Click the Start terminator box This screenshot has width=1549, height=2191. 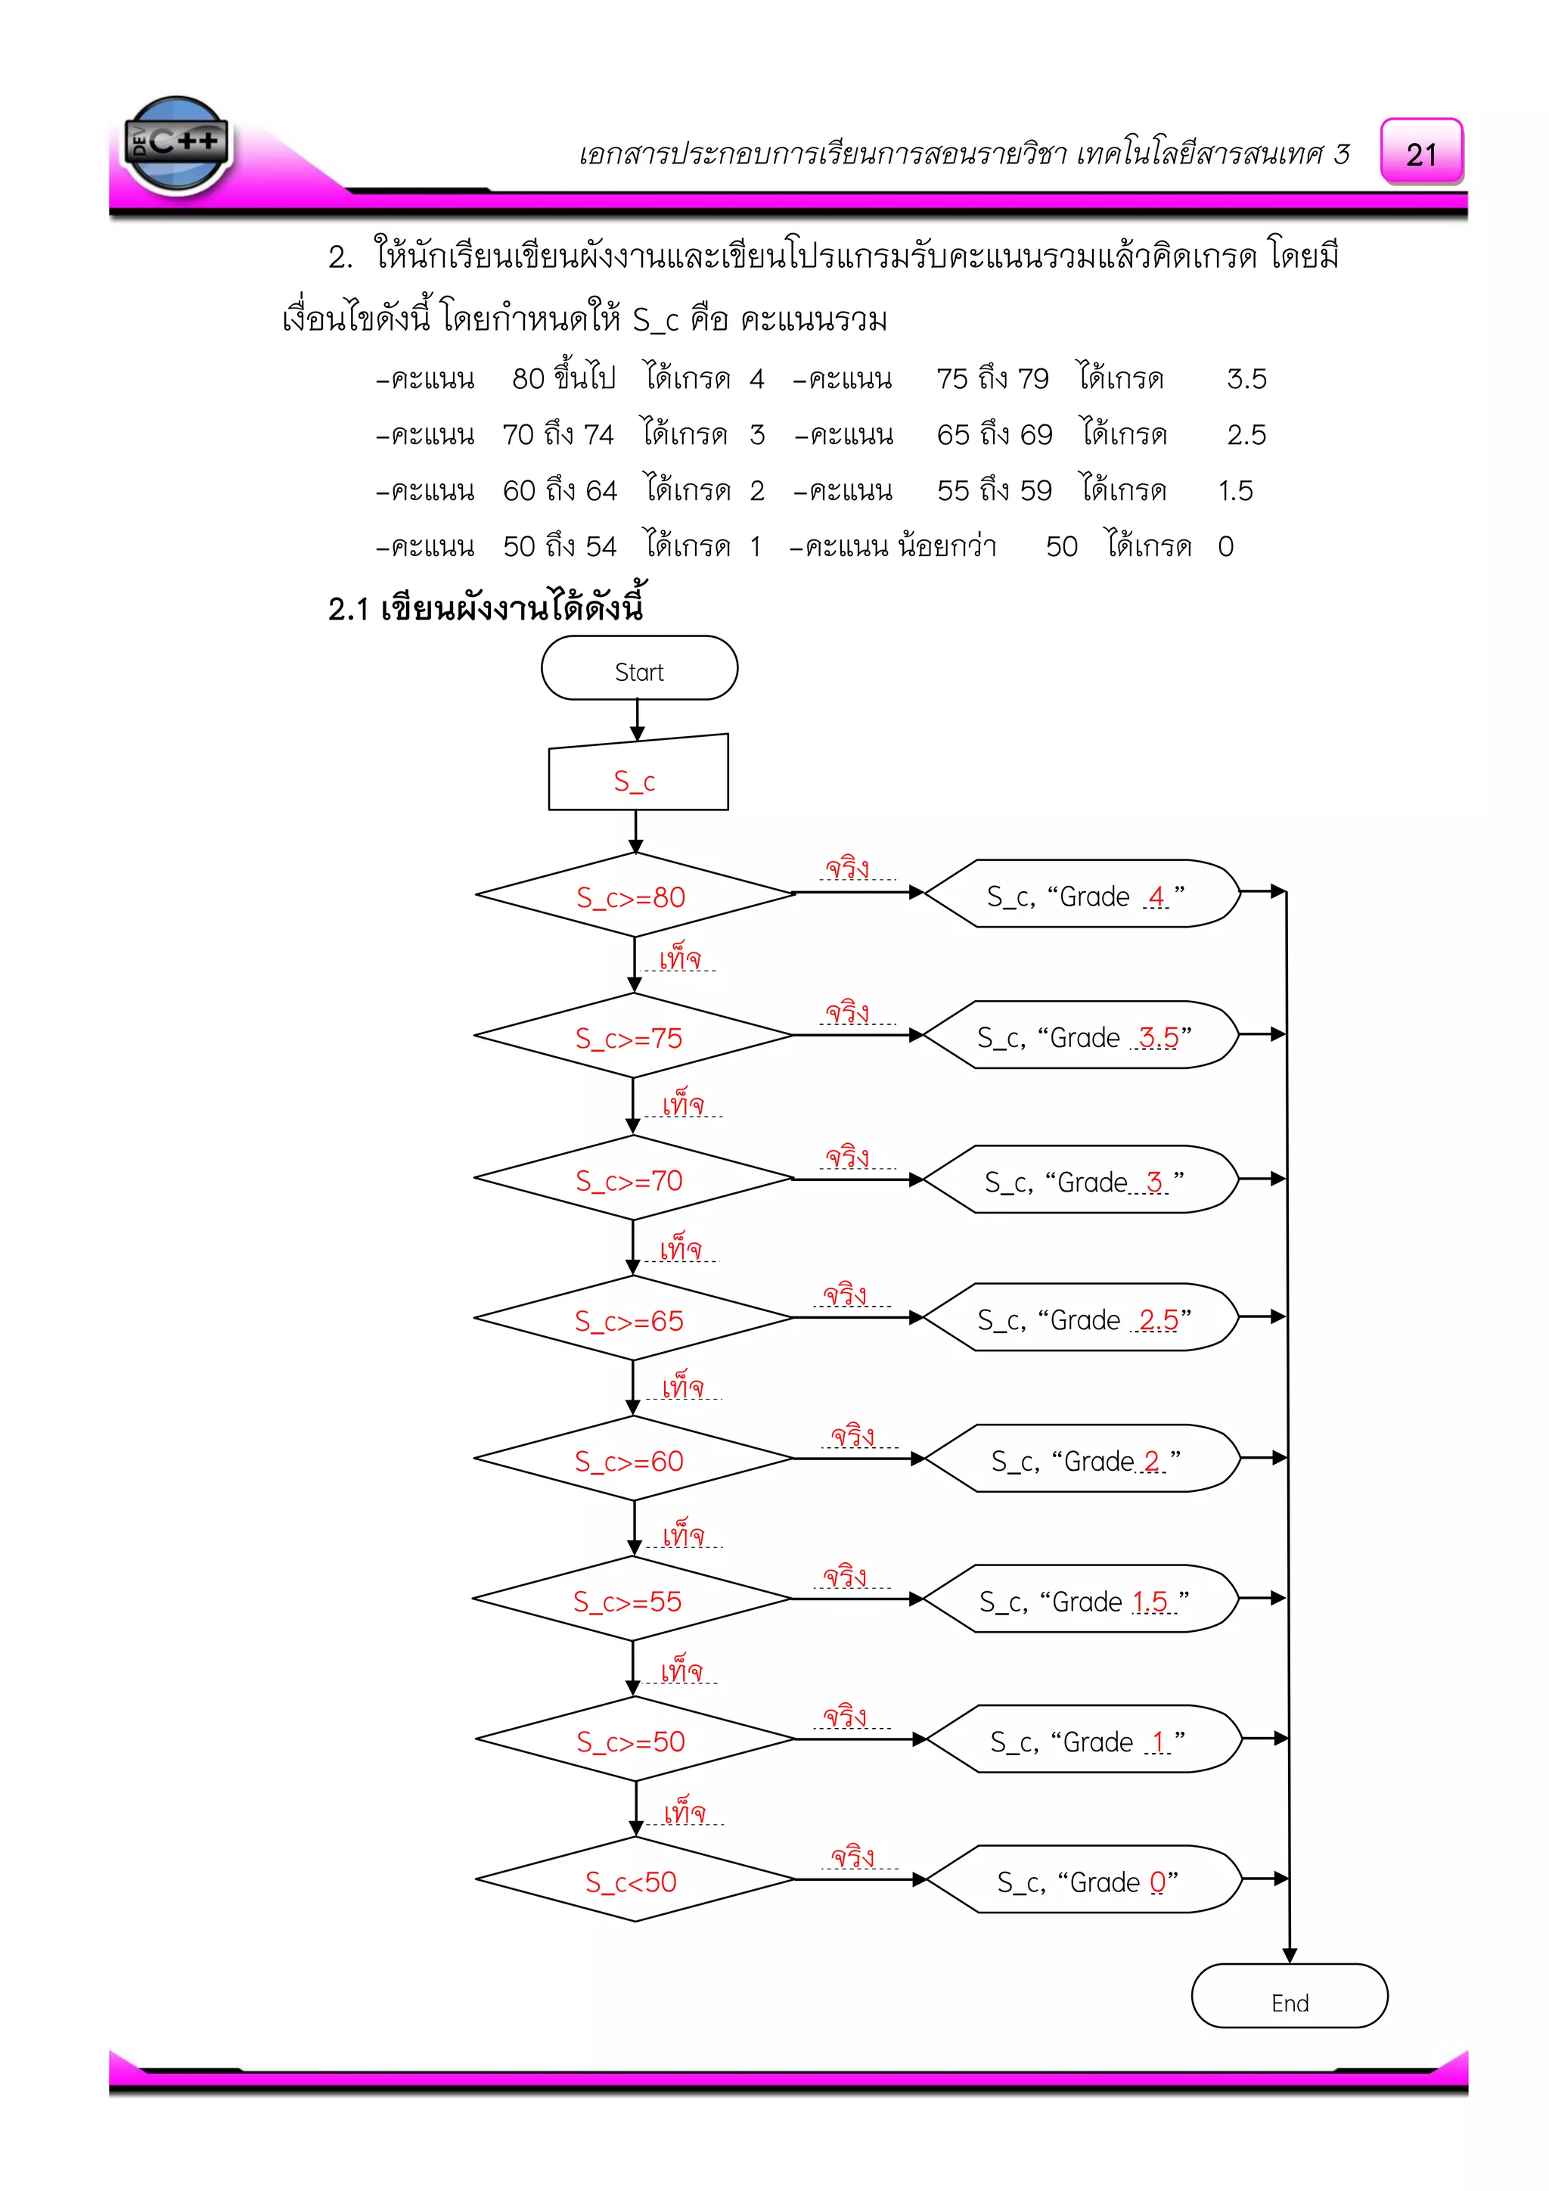[x=639, y=668]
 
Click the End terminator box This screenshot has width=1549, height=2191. [x=1289, y=1995]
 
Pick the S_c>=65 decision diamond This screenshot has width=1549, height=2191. [x=632, y=1319]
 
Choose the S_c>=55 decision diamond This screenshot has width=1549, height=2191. [x=632, y=1599]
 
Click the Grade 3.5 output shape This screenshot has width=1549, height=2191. [x=1082, y=1036]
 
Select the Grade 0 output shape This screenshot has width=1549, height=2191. [x=1085, y=1880]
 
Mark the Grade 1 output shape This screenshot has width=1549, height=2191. [x=1085, y=1739]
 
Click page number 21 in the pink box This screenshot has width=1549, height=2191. [x=1421, y=153]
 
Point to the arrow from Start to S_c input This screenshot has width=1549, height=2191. [x=637, y=719]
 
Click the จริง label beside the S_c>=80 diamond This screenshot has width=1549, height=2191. [x=847, y=869]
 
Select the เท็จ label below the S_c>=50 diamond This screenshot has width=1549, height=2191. [x=684, y=1811]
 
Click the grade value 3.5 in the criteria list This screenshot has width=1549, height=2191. [x=1246, y=379]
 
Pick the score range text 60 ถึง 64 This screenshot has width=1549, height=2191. [x=560, y=490]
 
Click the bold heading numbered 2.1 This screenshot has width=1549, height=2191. [x=486, y=608]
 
